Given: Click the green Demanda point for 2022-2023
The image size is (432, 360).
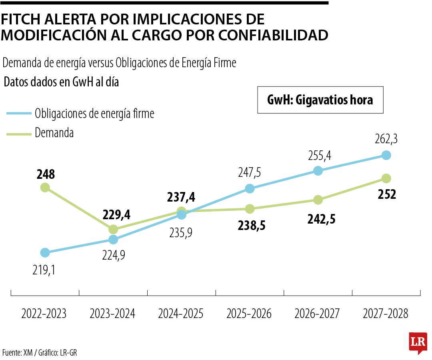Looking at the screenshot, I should click(x=45, y=187).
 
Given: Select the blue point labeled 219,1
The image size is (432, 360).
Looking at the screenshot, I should click(x=45, y=252).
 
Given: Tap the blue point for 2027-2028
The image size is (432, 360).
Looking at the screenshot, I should click(x=386, y=155).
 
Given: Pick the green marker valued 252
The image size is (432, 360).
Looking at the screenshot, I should click(x=386, y=178).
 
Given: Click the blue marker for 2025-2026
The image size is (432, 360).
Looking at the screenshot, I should click(x=250, y=188).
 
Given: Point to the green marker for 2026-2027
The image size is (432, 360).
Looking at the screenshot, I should click(x=318, y=200).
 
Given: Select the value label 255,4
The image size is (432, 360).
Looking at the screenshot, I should click(x=320, y=155).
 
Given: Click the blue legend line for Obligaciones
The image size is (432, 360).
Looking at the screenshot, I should click(x=19, y=114).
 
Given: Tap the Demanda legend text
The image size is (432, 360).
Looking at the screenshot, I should click(x=54, y=133).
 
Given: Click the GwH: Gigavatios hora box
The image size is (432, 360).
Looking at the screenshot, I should click(x=320, y=100).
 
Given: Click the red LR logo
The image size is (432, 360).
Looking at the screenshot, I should click(x=418, y=343).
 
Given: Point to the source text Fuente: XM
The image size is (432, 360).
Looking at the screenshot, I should click(x=18, y=352).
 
